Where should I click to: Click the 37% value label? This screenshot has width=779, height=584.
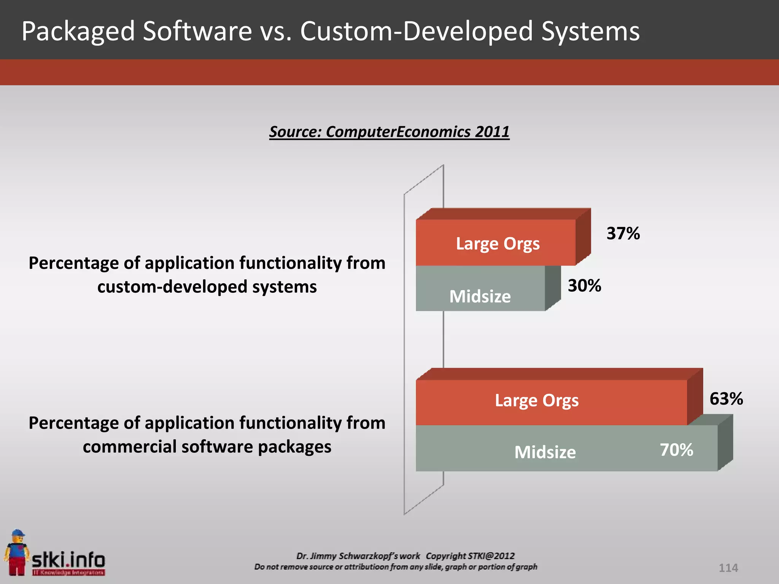pyautogui.click(x=623, y=233)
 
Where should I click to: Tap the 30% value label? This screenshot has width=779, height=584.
pyautogui.click(x=584, y=286)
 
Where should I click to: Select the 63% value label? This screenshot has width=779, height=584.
pyautogui.click(x=726, y=399)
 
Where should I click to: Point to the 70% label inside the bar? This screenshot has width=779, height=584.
pyautogui.click(x=676, y=450)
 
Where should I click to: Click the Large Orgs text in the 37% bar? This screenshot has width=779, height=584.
pyautogui.click(x=498, y=244)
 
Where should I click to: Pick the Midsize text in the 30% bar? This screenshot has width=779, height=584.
pyautogui.click(x=480, y=296)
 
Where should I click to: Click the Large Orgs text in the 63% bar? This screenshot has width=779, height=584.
pyautogui.click(x=537, y=400)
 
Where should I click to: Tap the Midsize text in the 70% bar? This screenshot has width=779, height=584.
pyautogui.click(x=545, y=452)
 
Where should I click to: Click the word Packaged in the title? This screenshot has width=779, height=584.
pyautogui.click(x=78, y=31)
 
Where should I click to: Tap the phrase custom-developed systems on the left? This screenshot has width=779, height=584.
pyautogui.click(x=207, y=287)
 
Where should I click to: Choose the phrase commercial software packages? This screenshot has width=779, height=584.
pyautogui.click(x=207, y=447)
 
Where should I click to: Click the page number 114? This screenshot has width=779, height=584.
pyautogui.click(x=728, y=568)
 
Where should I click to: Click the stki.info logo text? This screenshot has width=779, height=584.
pyautogui.click(x=68, y=560)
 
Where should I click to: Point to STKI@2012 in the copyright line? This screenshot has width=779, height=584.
pyautogui.click(x=491, y=556)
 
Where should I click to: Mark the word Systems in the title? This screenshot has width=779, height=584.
pyautogui.click(x=590, y=31)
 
